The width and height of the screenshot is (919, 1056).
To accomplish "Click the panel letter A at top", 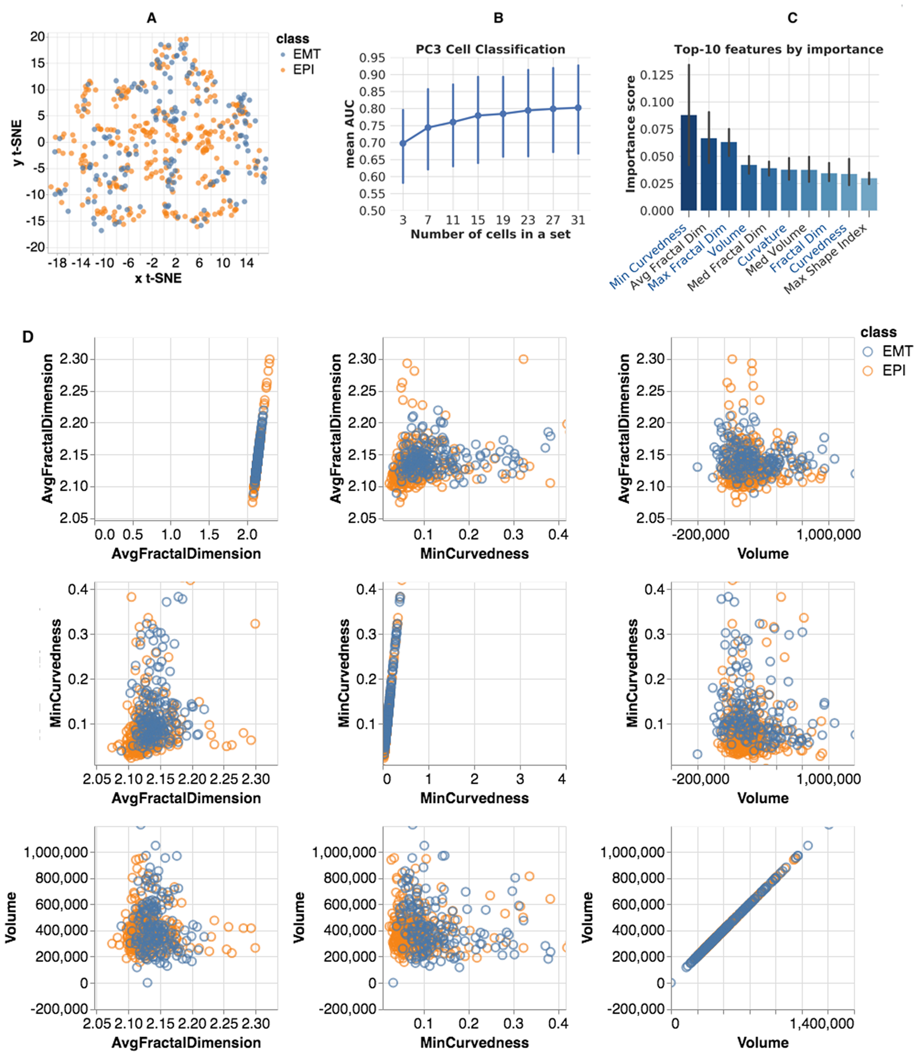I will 151,18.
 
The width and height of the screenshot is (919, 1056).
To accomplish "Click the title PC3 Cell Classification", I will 490,50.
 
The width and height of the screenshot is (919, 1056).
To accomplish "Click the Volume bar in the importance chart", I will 749,188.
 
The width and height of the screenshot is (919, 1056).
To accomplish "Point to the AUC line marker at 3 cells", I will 403,143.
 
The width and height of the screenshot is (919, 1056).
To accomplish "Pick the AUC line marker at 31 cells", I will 578,108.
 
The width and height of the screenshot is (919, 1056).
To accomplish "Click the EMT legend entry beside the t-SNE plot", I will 301,55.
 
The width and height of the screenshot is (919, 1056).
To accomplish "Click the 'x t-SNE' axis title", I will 158,278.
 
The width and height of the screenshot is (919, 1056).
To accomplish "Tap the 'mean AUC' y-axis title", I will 350,134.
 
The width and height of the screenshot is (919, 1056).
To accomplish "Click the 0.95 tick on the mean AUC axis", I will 372,58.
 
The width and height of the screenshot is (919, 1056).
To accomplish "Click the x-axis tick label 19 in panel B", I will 503,220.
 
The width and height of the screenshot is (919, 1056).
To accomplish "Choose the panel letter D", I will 28,337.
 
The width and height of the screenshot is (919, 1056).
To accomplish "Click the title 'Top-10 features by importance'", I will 778,50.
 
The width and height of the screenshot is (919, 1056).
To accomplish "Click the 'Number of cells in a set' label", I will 490,235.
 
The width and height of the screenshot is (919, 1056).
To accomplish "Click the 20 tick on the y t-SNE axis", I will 37,37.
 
